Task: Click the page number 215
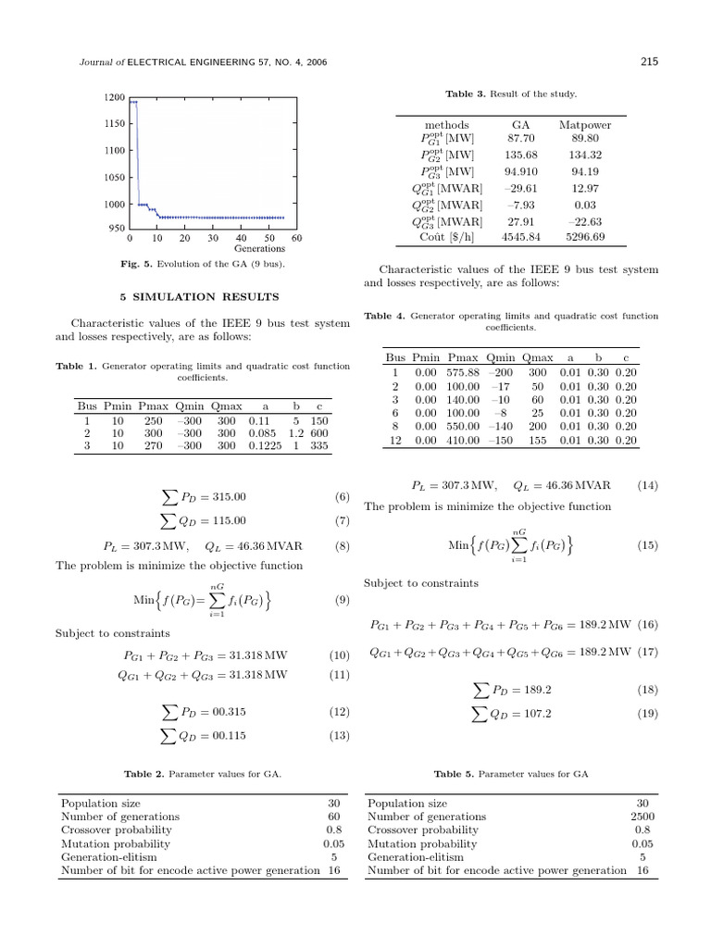click(x=648, y=62)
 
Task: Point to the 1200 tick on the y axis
click(x=115, y=97)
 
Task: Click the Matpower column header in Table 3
click(x=585, y=124)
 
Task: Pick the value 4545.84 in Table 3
click(x=521, y=236)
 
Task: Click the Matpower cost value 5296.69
click(x=585, y=236)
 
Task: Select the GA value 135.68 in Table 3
click(x=521, y=155)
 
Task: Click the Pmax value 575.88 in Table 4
click(x=463, y=371)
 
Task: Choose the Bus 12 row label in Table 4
click(x=395, y=441)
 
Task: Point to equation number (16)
click(x=648, y=625)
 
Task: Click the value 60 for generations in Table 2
click(x=334, y=817)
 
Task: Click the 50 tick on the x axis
click(x=269, y=238)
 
